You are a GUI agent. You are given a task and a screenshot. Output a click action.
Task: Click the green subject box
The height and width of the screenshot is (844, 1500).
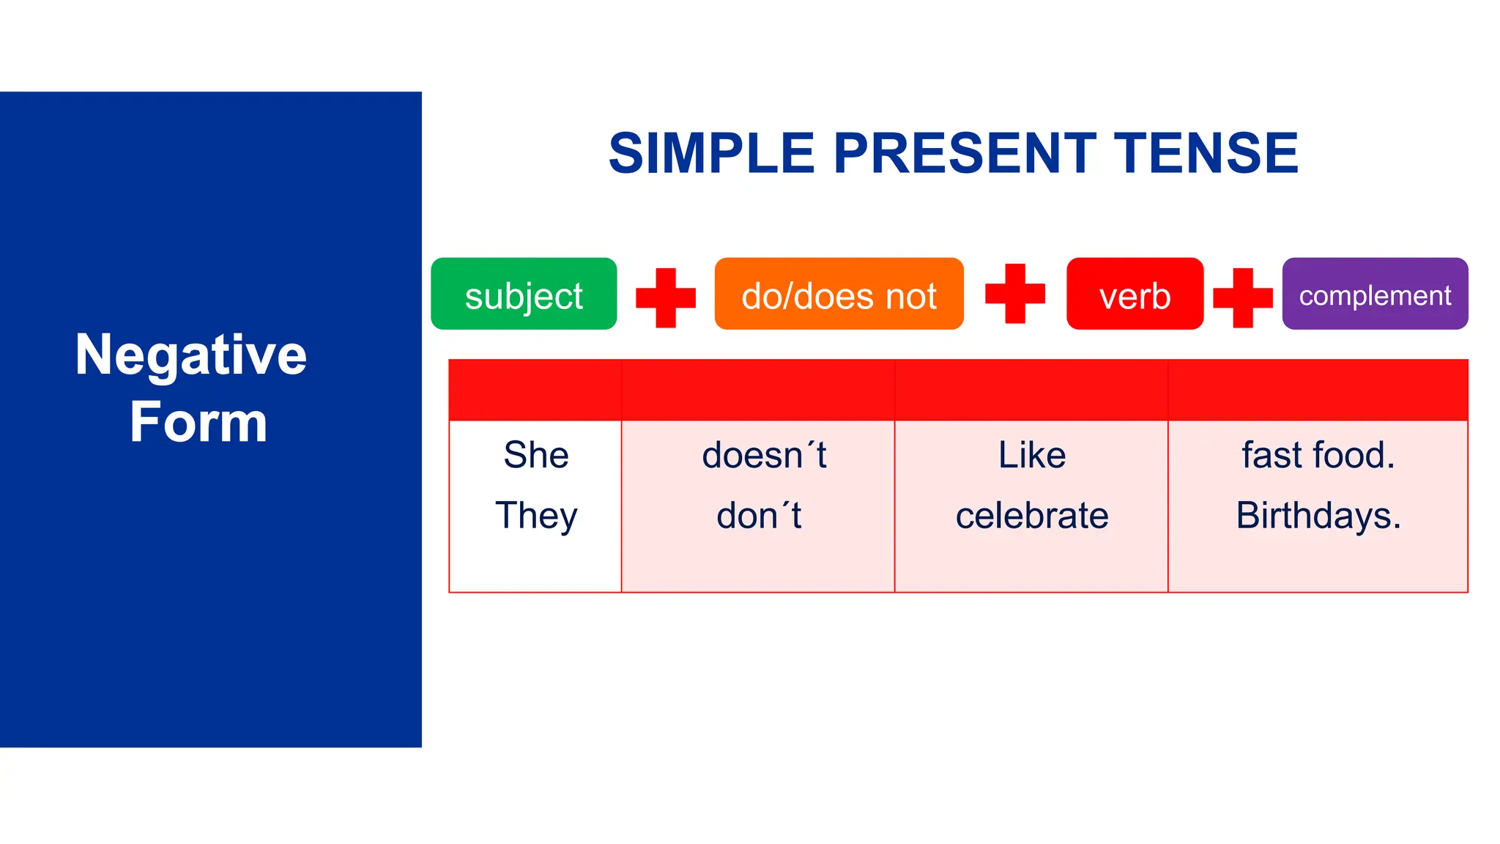524,294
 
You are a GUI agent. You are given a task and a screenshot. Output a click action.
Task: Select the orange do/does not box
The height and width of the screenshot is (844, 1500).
839,294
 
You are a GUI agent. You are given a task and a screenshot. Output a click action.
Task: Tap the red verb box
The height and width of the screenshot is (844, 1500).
1135,294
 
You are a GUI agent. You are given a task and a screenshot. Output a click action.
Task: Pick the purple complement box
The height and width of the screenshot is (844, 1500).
1375,294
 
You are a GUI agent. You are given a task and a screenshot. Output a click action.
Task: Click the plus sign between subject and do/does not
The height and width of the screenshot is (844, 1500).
665,297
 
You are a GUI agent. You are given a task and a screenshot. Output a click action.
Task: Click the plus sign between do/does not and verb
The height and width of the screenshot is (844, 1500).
1014,293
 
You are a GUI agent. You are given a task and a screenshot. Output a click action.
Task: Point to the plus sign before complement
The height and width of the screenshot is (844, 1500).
1242,297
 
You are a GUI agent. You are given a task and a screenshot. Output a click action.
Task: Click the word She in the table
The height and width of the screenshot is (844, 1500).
536,455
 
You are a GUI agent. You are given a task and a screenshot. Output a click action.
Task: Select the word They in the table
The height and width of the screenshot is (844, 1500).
536,516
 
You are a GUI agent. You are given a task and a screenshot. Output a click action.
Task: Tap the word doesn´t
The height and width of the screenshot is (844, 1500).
764,455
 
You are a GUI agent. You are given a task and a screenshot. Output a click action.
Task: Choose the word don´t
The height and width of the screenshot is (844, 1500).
759,516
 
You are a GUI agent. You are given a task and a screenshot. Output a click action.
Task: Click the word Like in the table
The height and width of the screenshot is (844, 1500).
1032,455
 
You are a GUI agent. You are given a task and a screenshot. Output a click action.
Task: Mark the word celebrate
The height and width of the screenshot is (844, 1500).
1032,516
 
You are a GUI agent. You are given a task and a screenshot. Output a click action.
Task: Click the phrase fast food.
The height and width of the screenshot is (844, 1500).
1318,455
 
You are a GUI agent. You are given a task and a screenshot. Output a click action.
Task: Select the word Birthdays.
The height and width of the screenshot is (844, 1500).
1318,516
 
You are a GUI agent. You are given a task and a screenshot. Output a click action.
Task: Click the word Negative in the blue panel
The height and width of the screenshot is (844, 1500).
191,355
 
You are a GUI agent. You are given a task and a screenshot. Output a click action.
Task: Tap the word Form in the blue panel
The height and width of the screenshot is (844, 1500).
198,423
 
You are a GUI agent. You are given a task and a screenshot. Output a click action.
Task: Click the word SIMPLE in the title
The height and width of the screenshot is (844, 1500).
711,154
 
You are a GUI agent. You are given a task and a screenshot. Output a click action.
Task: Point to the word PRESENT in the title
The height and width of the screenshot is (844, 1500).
965,154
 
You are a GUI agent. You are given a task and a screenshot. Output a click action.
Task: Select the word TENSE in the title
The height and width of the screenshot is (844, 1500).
1206,154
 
